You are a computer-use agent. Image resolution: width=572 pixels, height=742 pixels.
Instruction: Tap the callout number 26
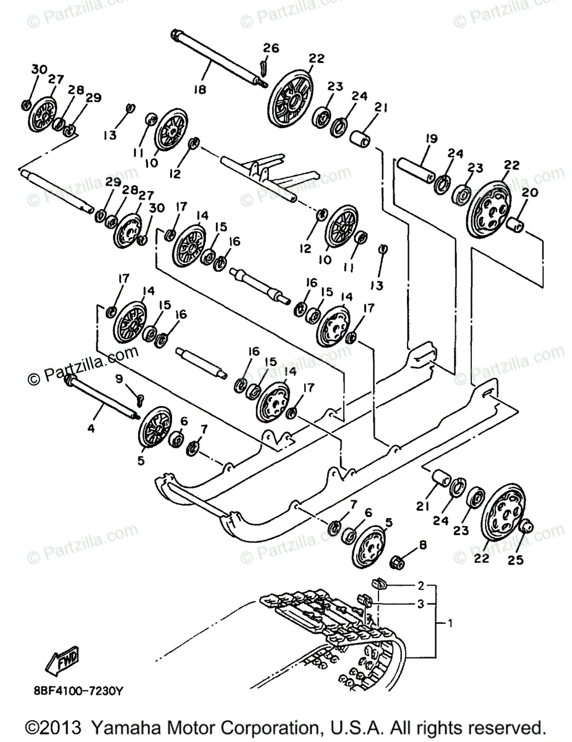click(x=271, y=48)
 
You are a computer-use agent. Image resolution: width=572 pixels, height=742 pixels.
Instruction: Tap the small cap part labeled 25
click(x=525, y=527)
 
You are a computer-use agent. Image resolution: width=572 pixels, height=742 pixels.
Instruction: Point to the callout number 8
click(x=422, y=545)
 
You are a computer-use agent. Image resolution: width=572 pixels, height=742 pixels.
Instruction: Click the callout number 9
click(x=119, y=378)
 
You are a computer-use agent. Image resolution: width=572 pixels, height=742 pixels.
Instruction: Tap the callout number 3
click(x=420, y=604)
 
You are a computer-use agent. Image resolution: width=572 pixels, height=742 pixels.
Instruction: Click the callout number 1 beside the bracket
click(x=450, y=624)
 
